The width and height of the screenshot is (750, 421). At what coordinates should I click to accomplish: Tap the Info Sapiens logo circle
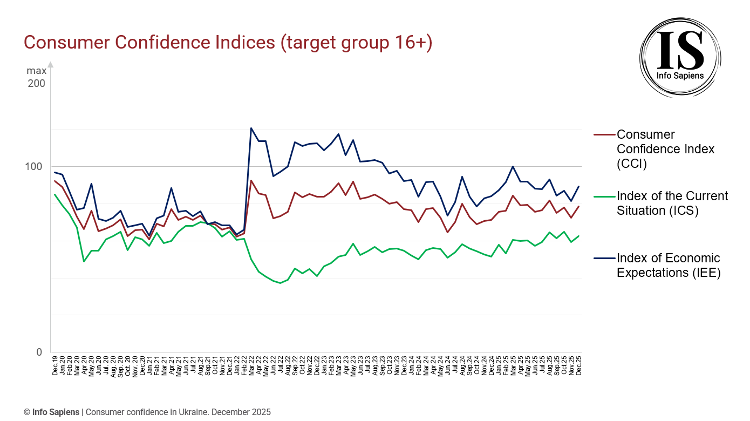coord(680,57)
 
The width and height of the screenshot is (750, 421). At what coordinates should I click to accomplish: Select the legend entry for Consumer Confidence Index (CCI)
coord(665,149)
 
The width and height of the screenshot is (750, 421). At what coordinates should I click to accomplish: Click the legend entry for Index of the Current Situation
coord(672,203)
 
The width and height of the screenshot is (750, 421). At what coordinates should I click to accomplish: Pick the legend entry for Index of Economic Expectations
coord(668,266)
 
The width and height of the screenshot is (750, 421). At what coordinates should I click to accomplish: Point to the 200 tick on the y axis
coord(37,84)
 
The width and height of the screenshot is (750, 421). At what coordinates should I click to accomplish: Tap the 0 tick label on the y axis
coord(39,352)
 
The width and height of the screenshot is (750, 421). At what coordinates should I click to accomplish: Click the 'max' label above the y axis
coord(37,71)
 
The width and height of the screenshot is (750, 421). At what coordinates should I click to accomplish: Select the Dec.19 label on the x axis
coord(55,365)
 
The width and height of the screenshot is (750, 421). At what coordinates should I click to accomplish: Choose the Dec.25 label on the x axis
coord(579,365)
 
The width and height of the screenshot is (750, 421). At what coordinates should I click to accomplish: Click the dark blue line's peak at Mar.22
coord(251,128)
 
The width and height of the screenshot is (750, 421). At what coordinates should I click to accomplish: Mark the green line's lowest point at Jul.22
coord(280,283)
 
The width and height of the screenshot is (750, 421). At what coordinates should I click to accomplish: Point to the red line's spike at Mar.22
coord(251,180)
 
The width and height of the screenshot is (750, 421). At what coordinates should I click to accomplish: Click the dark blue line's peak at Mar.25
coord(513,166)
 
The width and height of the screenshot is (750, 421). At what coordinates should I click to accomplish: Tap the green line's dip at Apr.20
coord(84,261)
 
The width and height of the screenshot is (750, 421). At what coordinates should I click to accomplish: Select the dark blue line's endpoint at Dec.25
coord(579,186)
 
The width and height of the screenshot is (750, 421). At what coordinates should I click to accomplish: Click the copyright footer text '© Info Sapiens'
coord(52,412)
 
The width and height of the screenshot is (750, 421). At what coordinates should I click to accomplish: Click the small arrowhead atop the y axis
coord(50,64)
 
